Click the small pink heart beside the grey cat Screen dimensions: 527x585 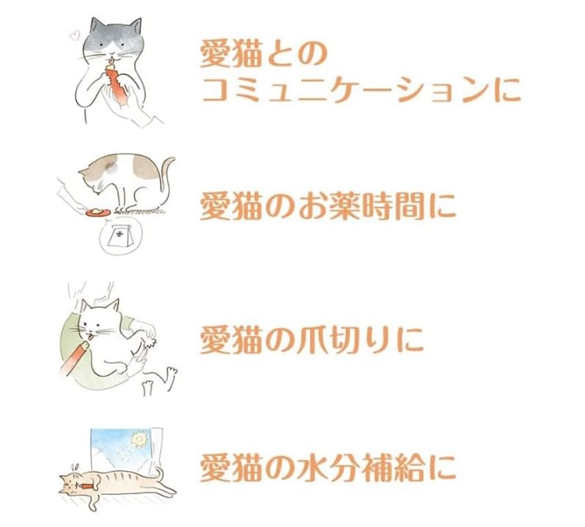[73, 34]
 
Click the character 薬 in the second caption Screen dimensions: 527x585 [329, 206]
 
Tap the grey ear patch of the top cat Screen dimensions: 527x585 [97, 29]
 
